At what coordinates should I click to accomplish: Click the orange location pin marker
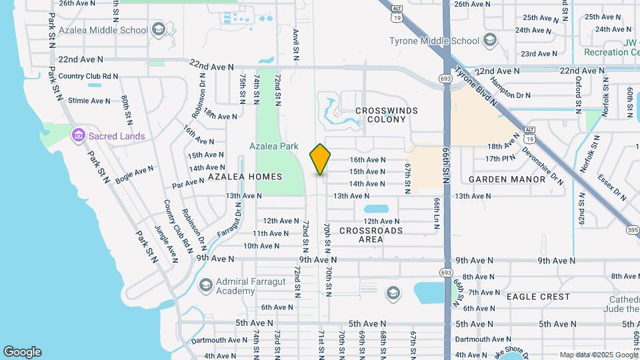click(x=320, y=159)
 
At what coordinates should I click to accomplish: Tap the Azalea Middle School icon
click(x=158, y=29)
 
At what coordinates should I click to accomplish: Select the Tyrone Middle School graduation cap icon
click(x=490, y=41)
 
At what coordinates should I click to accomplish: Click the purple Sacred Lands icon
click(x=79, y=136)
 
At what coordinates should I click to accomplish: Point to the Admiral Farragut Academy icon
click(x=205, y=285)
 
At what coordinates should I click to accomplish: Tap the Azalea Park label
click(x=274, y=146)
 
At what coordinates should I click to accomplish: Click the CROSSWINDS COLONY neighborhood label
click(x=387, y=115)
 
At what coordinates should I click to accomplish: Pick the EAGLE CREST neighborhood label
click(x=538, y=296)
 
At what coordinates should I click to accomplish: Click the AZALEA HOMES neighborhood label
click(x=245, y=177)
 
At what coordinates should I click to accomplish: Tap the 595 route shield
click(x=633, y=230)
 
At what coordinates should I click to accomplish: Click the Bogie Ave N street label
click(x=134, y=175)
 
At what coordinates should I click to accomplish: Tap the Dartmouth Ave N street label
click(x=219, y=340)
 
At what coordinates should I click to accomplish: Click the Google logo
click(x=22, y=352)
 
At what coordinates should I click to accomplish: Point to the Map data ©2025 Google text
click(x=598, y=355)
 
